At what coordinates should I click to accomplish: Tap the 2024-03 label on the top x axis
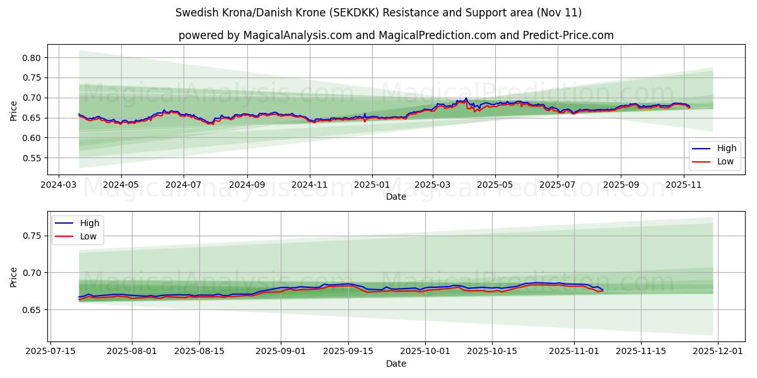pyautogui.click(x=59, y=186)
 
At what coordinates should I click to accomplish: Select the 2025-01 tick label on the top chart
pyautogui.click(x=372, y=186)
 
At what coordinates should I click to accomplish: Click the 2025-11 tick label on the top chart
pyautogui.click(x=684, y=186)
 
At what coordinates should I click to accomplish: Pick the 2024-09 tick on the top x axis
pyautogui.click(x=247, y=186)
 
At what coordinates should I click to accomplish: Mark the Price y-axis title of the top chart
pyautogui.click(x=14, y=112)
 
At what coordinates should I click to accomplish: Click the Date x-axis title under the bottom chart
pyautogui.click(x=396, y=364)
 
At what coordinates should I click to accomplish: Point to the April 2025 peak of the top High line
pyautogui.click(x=466, y=98)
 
